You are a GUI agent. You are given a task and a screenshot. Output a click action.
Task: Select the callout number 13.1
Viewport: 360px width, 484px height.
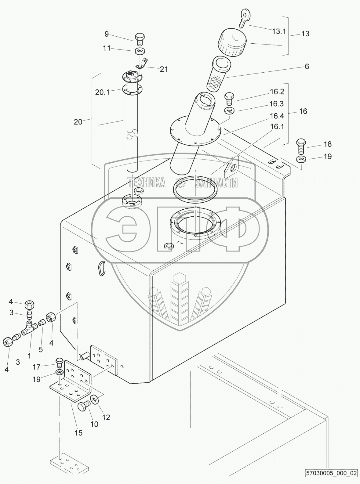coord(279,31)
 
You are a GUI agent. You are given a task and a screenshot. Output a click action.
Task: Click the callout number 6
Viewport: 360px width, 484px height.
coord(307,67)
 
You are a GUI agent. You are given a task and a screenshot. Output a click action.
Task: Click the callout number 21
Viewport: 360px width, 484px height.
coord(164,69)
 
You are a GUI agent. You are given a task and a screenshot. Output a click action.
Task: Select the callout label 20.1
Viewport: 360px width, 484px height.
coord(102,92)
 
